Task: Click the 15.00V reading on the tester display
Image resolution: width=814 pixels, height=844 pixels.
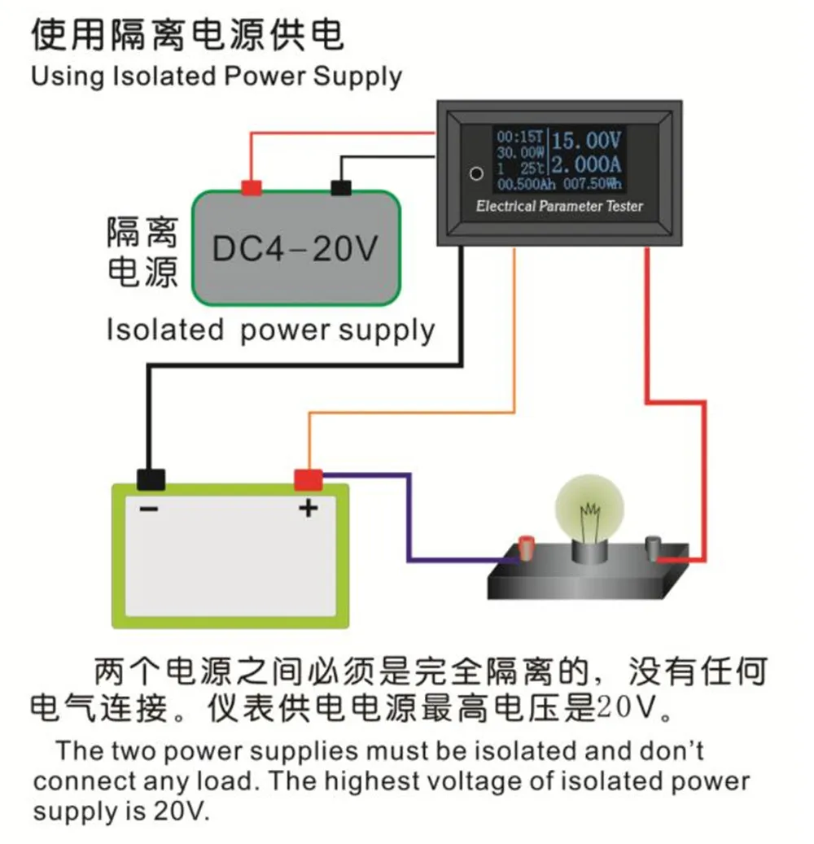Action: (586, 141)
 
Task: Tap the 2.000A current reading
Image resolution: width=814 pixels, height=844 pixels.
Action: (586, 164)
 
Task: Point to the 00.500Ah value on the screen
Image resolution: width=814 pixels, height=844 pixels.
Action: (526, 185)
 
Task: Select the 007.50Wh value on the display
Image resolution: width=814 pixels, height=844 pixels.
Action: (593, 184)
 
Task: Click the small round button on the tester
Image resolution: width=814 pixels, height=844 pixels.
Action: (476, 174)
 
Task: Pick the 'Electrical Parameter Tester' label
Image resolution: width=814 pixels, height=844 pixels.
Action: (559, 206)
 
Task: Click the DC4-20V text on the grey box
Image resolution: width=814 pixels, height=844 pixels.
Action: (295, 249)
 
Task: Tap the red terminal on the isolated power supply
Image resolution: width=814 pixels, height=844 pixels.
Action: (252, 187)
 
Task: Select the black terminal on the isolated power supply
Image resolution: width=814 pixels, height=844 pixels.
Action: (341, 187)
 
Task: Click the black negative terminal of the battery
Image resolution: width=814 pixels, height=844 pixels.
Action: (151, 479)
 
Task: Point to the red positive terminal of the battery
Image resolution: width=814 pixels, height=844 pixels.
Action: (308, 480)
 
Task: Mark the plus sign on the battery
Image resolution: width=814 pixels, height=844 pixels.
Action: (308, 508)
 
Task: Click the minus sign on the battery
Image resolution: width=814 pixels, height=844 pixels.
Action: (149, 509)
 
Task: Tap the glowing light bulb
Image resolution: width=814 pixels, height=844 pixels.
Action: (589, 509)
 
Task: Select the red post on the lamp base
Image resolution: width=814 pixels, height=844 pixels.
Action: (526, 548)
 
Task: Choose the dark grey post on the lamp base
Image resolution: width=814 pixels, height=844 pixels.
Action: (653, 549)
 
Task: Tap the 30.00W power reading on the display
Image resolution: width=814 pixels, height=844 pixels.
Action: (520, 152)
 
